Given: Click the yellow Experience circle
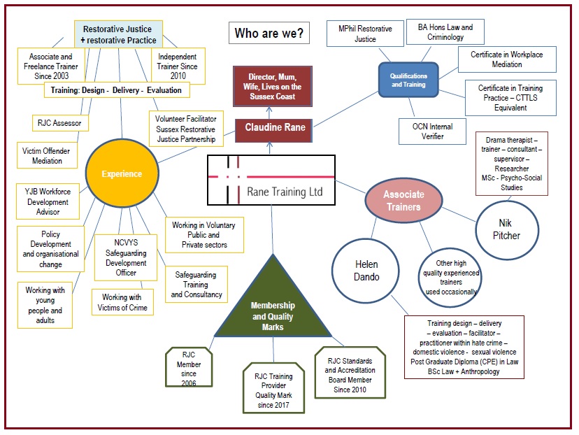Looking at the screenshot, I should pyautogui.click(x=122, y=174).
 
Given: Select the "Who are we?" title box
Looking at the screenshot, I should pyautogui.click(x=269, y=33).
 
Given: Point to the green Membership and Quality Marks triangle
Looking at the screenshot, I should pyautogui.click(x=273, y=307).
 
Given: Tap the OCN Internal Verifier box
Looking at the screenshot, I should pyautogui.click(x=431, y=131).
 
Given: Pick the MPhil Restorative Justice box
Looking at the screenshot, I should pyautogui.click(x=365, y=34).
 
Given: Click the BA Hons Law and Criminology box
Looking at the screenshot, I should pyautogui.click(x=445, y=32).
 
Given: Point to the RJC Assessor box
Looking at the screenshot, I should pyautogui.click(x=59, y=123).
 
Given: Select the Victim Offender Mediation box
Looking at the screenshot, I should pyautogui.click(x=48, y=155).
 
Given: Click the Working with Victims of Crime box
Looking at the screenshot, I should pyautogui.click(x=122, y=302).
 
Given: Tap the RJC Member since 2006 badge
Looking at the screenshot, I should pyautogui.click(x=188, y=364).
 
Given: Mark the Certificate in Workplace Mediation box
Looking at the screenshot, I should pyautogui.click(x=507, y=59).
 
